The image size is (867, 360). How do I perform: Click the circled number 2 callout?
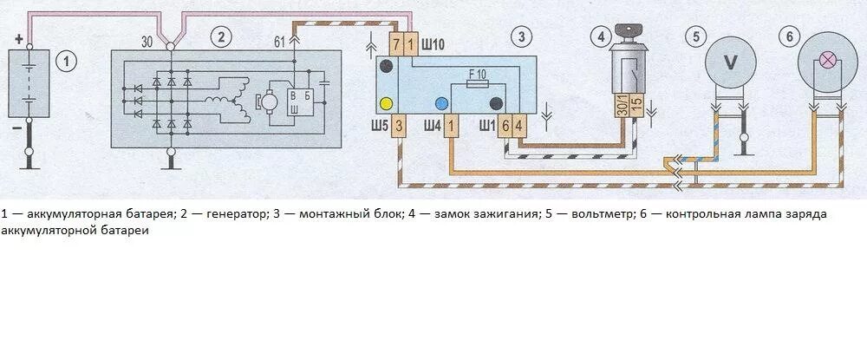click(x=222, y=36)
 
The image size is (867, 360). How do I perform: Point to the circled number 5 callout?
click(x=694, y=36)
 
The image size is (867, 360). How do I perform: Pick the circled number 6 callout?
click(x=786, y=36)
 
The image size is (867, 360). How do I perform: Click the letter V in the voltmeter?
click(x=730, y=62)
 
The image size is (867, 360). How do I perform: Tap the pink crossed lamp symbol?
click(x=828, y=61)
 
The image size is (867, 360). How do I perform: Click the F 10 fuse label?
click(x=477, y=75)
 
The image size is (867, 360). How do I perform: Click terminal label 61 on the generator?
click(x=279, y=42)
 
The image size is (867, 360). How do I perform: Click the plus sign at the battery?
click(x=18, y=39)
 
